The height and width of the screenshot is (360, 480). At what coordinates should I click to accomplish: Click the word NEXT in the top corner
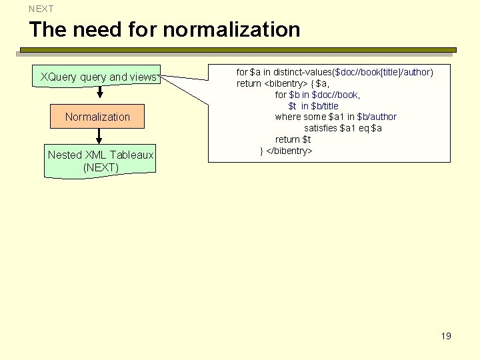(41, 9)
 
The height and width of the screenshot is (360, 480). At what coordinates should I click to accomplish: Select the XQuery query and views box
(97, 77)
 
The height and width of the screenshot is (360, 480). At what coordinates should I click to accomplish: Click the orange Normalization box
(97, 117)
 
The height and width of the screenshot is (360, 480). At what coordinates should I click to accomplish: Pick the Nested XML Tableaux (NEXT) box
(100, 161)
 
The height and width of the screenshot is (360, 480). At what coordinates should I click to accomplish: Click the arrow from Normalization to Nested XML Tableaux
(99, 136)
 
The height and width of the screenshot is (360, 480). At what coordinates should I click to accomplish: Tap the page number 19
(446, 336)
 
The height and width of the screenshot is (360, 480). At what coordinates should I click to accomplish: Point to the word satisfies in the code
(320, 128)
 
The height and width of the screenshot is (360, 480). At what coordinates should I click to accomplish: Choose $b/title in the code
(325, 106)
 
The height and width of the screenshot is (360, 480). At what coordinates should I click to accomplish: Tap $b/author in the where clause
(377, 117)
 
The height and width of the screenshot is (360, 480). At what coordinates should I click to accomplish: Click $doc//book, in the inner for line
(336, 95)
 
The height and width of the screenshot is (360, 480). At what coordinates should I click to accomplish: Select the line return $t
(293, 139)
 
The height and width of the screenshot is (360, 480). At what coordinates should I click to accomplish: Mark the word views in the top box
(142, 77)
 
